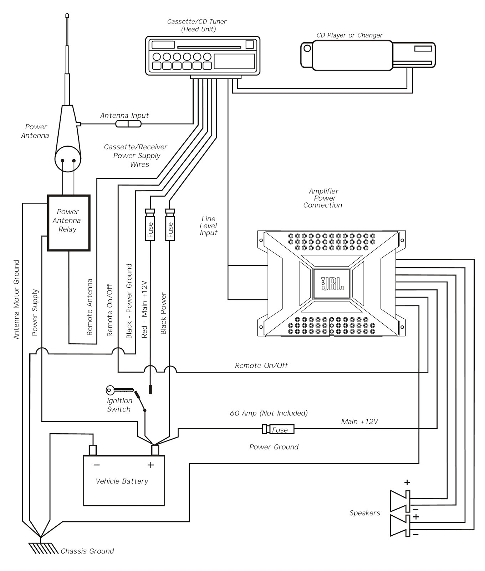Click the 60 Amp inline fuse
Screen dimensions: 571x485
(279, 429)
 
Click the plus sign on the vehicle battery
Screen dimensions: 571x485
(150, 465)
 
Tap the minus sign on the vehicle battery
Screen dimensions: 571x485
(97, 465)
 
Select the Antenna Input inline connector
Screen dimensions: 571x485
(128, 124)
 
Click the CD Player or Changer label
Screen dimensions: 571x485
(349, 35)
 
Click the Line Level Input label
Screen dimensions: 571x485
(208, 226)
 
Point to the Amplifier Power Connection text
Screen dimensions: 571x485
(323, 198)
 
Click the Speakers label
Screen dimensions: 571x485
(364, 513)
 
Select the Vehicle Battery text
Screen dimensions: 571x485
(122, 481)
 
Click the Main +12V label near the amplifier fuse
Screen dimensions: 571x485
(359, 421)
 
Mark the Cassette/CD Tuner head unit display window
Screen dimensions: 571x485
(234, 61)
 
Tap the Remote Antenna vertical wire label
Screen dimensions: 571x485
(90, 307)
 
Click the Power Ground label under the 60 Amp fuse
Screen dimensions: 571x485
(274, 447)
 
